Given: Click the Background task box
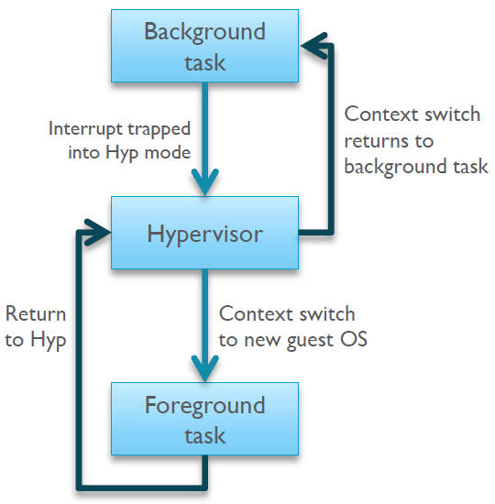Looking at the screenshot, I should point(204,47).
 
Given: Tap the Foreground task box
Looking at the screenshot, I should point(204,419).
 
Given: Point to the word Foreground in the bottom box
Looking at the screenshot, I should point(204,404).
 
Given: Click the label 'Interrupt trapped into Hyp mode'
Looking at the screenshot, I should point(120,140).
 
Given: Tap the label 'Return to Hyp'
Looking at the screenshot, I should point(36,325).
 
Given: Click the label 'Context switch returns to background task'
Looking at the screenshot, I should point(415,140).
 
